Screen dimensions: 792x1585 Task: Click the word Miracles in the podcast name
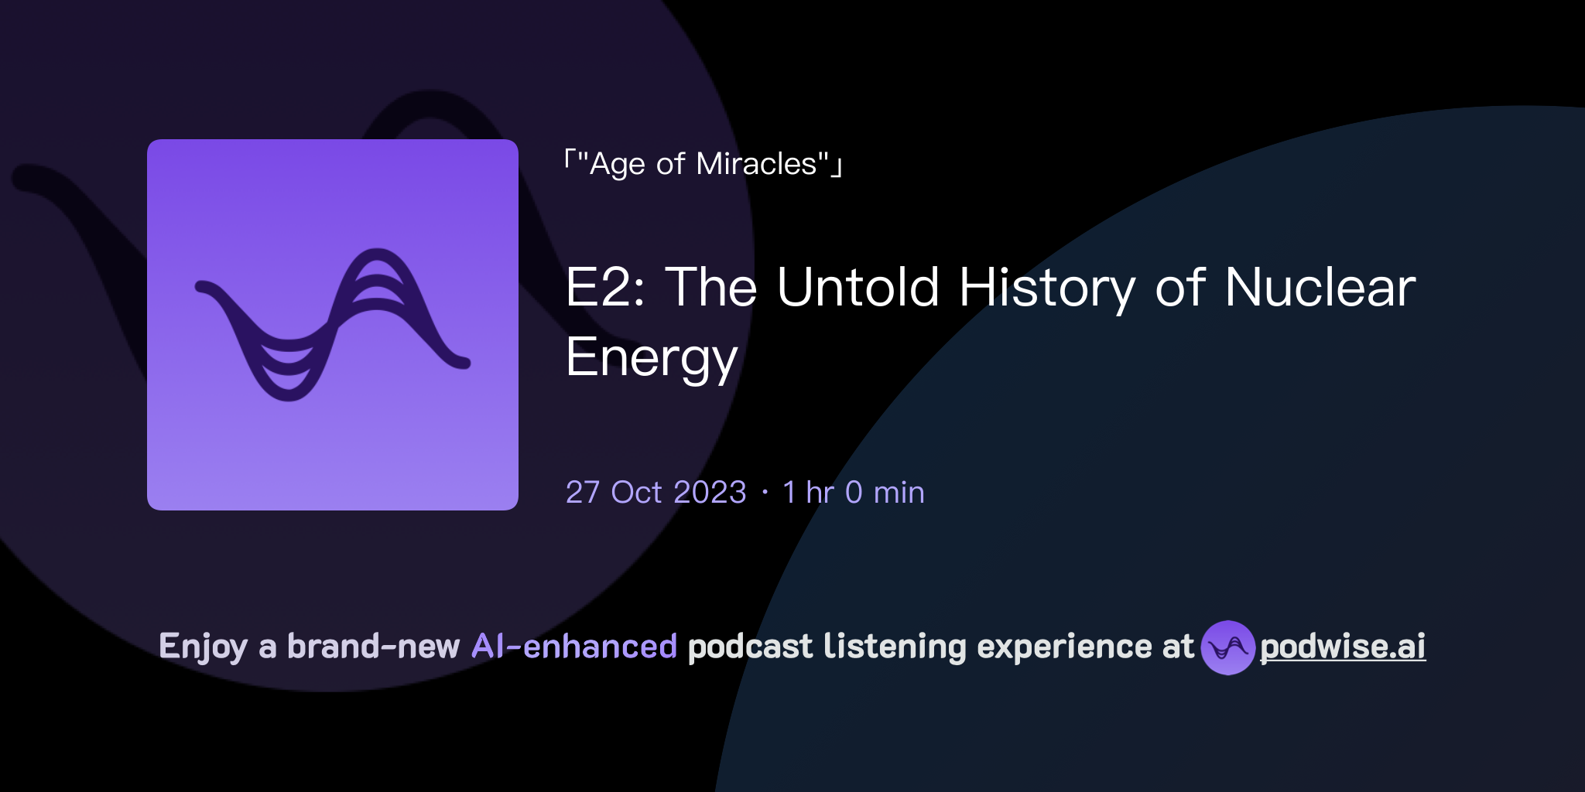coord(756,164)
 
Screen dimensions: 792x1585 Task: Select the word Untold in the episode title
coord(858,288)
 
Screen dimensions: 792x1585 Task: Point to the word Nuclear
coord(1320,288)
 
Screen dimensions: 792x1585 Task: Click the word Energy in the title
coord(652,358)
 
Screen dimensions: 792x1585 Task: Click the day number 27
coord(583,493)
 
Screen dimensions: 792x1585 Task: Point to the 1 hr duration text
coord(808,493)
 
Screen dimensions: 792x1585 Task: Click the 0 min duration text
coord(885,493)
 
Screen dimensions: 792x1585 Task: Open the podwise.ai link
coord(1342,647)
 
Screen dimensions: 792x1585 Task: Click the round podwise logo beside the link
coord(1227,647)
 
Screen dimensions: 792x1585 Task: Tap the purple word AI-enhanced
coord(574,647)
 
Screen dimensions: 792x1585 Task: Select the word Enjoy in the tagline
coord(203,647)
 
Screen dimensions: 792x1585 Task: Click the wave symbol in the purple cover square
coord(333,325)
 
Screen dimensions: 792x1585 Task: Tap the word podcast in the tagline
coord(750,647)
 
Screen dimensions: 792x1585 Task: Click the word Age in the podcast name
coord(617,165)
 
